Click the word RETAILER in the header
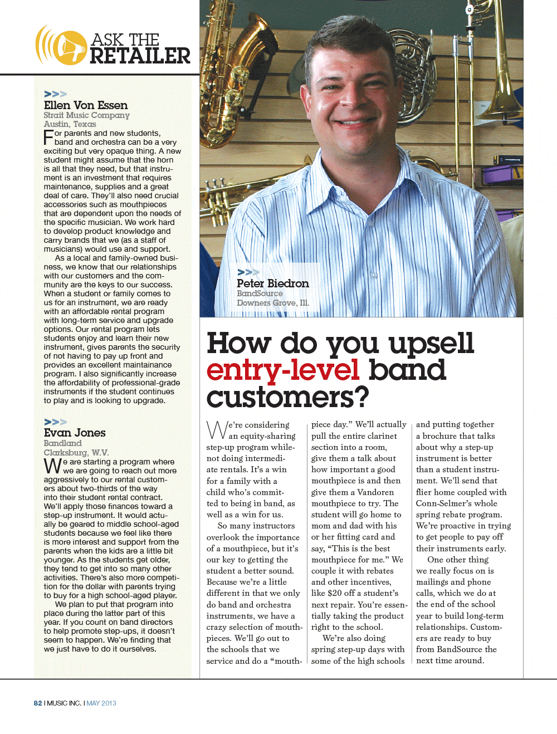point(140,56)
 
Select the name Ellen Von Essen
point(86,105)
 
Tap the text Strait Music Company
point(86,115)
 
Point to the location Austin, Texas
point(70,124)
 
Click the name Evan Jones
point(75,433)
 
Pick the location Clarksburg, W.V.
point(76,453)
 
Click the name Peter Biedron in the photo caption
point(272,283)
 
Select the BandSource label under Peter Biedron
point(260,293)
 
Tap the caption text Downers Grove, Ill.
point(272,303)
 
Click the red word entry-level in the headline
point(283,370)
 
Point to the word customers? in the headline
point(287,398)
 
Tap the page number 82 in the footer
point(38,703)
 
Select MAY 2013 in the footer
point(101,703)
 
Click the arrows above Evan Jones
point(55,422)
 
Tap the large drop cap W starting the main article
point(217,430)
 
